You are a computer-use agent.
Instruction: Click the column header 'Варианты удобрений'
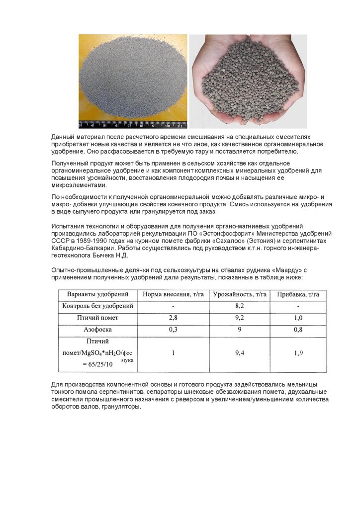[x=94, y=294]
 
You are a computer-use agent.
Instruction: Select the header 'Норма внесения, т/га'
[x=173, y=294]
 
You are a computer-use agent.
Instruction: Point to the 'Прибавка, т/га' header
[x=298, y=294]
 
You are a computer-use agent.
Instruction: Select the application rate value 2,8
[x=173, y=317]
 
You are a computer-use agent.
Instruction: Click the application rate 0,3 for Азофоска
[x=173, y=329]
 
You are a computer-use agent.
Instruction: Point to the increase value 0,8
[x=298, y=329]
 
